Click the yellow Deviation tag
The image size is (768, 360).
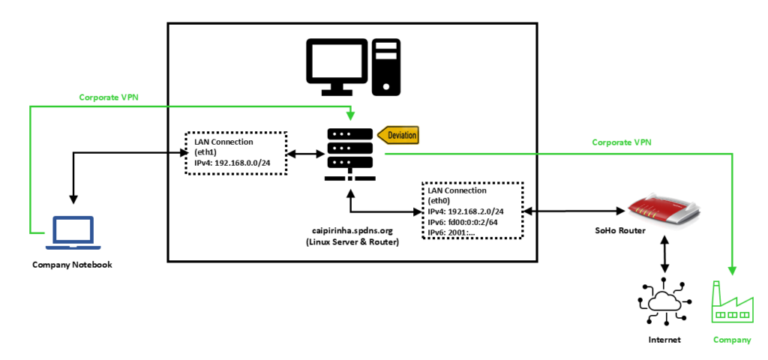[398, 135]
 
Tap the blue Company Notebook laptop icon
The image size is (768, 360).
[73, 233]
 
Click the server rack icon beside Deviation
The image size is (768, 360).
[351, 154]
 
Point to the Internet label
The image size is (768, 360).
[664, 340]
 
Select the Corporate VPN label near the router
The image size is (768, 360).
[622, 142]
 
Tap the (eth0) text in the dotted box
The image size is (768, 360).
[441, 201]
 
